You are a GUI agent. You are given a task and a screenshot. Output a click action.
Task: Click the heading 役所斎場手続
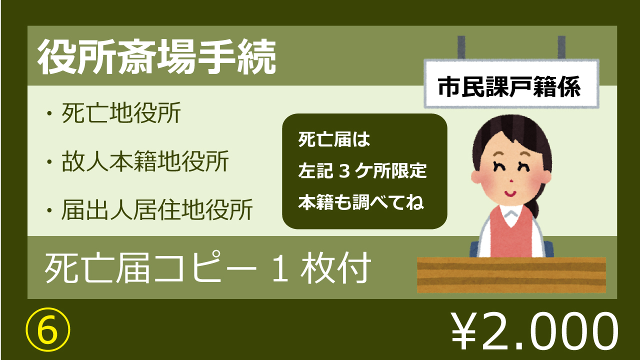tap(157, 57)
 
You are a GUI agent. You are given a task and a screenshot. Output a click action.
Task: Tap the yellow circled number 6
tap(48, 329)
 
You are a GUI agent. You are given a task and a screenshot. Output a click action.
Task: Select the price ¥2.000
tap(534, 331)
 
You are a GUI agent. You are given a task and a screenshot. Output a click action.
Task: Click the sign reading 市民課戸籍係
tap(511, 84)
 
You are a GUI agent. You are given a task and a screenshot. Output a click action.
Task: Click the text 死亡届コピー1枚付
tap(208, 267)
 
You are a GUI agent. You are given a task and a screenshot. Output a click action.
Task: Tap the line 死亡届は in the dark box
tap(334, 139)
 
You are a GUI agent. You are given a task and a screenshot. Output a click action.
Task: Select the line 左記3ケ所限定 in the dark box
tap(362, 171)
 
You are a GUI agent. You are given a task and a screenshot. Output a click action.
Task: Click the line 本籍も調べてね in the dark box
tap(361, 202)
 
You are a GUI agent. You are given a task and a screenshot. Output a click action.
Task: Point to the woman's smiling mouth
tap(510, 193)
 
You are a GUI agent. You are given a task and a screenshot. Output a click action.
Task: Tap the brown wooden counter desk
tap(511, 275)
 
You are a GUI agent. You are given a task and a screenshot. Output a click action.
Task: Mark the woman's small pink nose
tap(511, 181)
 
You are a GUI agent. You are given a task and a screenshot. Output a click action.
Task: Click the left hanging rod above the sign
tap(461, 47)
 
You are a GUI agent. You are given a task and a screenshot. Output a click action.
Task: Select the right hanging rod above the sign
tap(561, 47)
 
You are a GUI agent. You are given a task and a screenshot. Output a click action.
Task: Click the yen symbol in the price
tap(464, 331)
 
